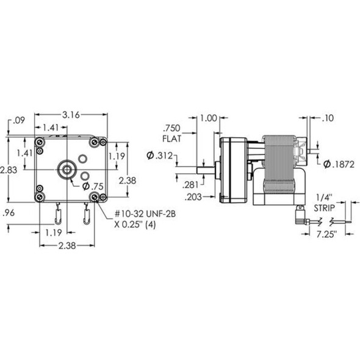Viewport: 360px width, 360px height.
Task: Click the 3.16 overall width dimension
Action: (71, 115)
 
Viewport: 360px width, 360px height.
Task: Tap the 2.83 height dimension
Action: (9, 170)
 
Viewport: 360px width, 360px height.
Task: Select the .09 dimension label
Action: (18, 120)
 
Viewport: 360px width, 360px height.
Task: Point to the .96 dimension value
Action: (9, 213)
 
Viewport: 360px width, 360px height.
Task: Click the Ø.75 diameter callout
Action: (93, 187)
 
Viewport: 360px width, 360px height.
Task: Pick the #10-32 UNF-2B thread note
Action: (145, 214)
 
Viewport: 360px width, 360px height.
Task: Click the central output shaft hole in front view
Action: (67, 170)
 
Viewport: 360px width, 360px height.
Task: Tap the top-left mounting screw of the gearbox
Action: (40, 142)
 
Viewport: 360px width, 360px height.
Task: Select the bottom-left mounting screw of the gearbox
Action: (40, 196)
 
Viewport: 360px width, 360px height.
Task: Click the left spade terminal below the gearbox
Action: (58, 215)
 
